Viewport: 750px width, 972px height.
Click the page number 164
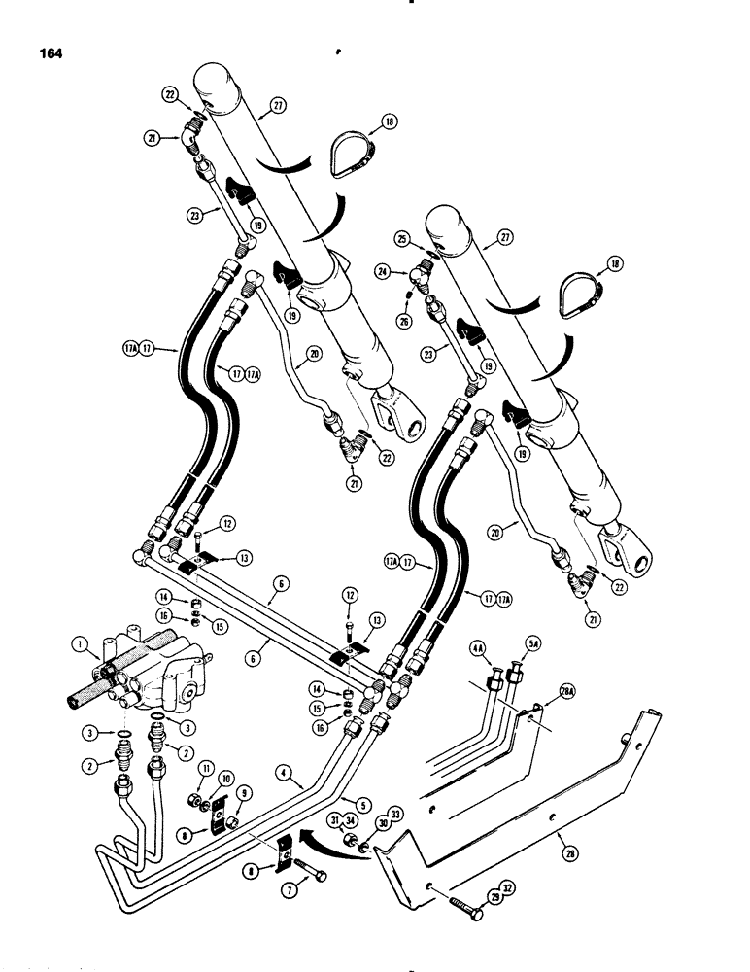click(x=46, y=54)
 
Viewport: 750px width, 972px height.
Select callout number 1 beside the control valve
click(x=76, y=642)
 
